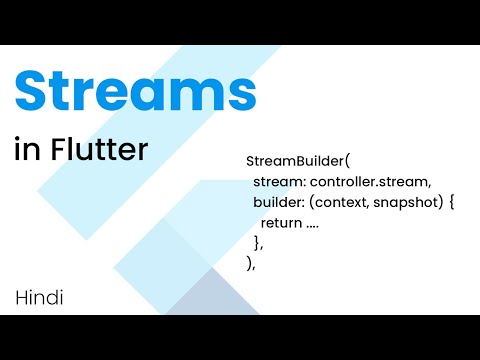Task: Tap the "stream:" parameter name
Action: [279, 182]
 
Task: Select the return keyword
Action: [281, 223]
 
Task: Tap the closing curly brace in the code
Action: [257, 243]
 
